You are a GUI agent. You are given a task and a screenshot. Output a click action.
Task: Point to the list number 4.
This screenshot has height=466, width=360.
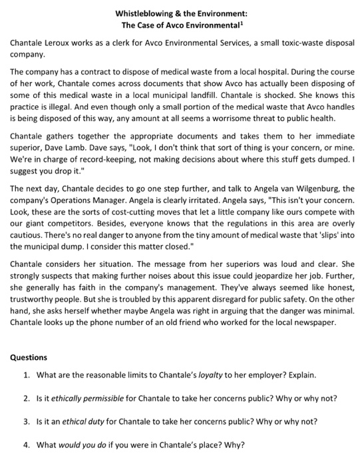(26, 445)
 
